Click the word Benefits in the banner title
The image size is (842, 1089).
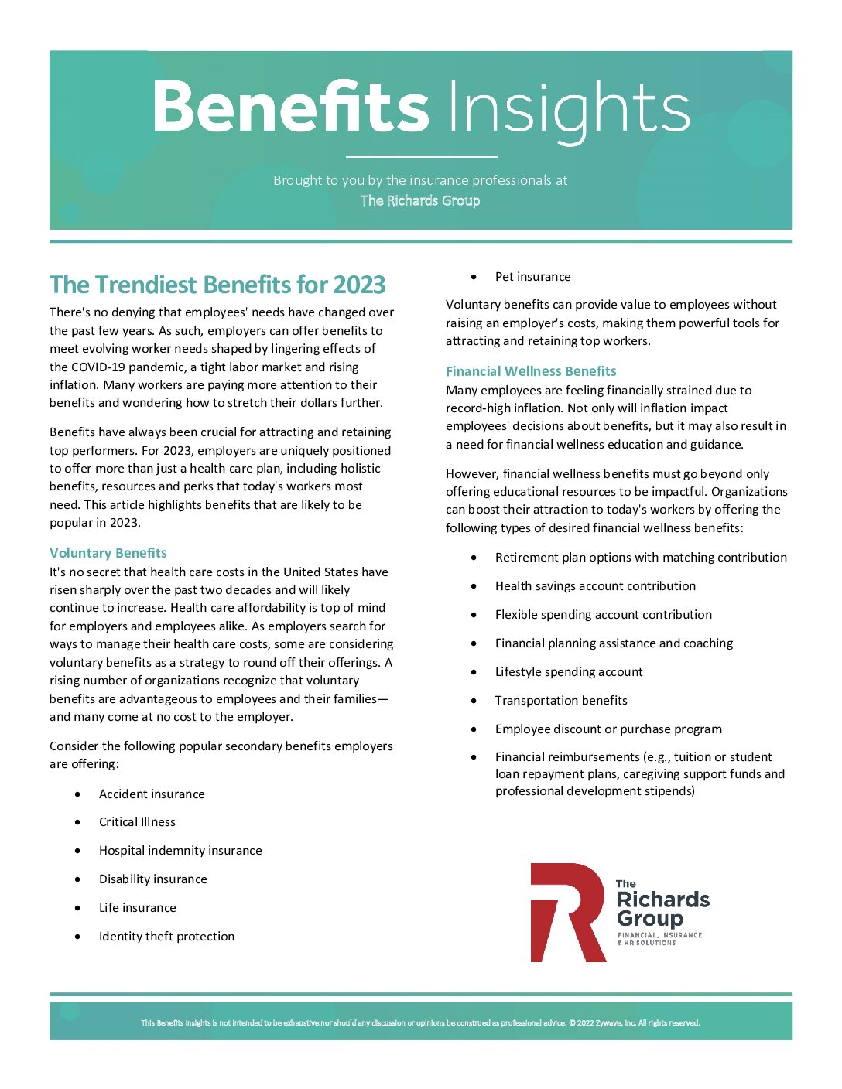(x=290, y=107)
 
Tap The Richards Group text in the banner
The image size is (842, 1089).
(x=420, y=201)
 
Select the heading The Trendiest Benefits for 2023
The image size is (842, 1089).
(x=217, y=285)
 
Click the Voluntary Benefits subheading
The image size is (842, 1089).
(x=108, y=553)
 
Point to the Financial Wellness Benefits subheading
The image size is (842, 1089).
(x=531, y=371)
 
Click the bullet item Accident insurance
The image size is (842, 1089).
(x=152, y=794)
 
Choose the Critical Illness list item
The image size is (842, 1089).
(x=137, y=822)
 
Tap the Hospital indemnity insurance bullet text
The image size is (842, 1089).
(x=180, y=851)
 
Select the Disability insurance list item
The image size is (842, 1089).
(x=153, y=879)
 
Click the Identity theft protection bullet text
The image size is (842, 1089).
(x=166, y=937)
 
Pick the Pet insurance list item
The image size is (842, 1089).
(x=532, y=277)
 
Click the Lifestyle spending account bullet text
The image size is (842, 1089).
(x=569, y=672)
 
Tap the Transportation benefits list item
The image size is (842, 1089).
(x=561, y=701)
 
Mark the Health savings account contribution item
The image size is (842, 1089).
(x=595, y=586)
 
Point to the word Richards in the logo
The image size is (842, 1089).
(x=663, y=900)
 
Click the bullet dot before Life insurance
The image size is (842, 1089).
(x=77, y=908)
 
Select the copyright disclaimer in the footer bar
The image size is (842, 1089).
(x=420, y=1023)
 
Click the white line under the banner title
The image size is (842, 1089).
(x=421, y=157)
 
